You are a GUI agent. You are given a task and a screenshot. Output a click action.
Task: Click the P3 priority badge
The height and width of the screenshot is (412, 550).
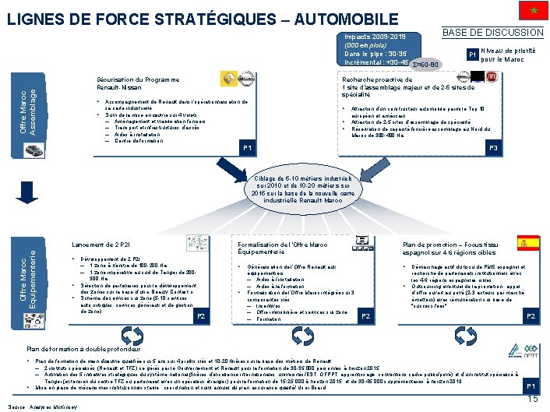pos(492,148)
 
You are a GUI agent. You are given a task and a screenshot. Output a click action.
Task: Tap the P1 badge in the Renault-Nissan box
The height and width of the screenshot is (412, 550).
pos(247,148)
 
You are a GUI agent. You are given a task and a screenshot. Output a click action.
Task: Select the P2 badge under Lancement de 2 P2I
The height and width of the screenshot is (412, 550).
pos(199,316)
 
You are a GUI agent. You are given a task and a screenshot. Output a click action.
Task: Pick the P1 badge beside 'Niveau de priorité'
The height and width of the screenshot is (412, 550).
pos(471,55)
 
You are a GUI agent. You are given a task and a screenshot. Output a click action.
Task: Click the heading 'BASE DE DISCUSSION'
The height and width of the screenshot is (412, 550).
pos(492,32)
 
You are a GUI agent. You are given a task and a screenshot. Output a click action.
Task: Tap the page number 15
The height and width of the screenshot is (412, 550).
pos(533,399)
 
